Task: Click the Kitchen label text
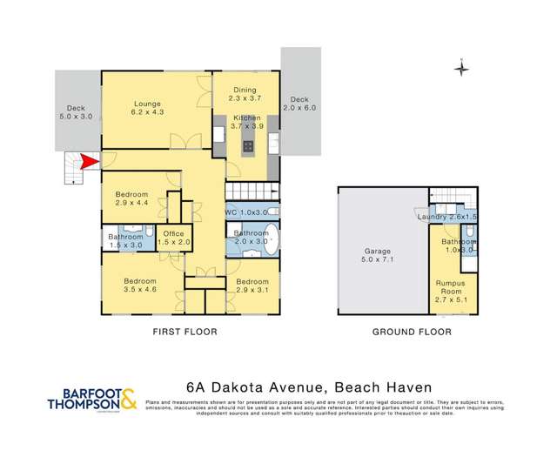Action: (246, 122)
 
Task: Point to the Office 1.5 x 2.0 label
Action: (173, 237)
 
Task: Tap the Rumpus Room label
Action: (450, 288)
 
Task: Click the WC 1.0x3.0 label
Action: (247, 212)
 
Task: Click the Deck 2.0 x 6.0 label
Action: (299, 104)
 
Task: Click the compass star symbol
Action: (462, 69)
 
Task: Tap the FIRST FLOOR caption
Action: (184, 332)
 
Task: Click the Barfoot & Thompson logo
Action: (91, 398)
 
